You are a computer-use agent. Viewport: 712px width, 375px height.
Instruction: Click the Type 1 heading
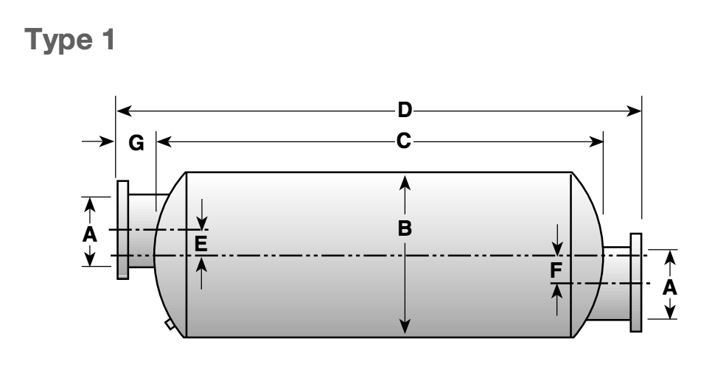[x=70, y=40]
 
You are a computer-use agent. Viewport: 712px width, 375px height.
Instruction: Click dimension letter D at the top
[x=405, y=111]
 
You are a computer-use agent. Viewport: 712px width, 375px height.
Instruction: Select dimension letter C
[x=404, y=141]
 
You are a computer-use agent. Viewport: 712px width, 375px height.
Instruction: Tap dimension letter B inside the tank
[x=405, y=228]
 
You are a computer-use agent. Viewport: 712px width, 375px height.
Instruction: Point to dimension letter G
[x=136, y=144]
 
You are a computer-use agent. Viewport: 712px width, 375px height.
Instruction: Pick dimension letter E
[x=200, y=245]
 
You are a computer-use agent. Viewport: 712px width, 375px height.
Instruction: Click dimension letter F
[x=556, y=270]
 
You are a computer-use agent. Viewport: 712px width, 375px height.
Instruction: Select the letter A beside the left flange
[x=90, y=235]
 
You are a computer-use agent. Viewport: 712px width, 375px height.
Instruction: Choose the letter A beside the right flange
[x=670, y=288]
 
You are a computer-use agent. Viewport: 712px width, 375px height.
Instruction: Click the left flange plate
[x=122, y=230]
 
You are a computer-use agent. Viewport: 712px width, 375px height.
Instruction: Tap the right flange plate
[x=635, y=282]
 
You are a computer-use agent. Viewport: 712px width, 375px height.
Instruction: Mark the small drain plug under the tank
[x=170, y=324]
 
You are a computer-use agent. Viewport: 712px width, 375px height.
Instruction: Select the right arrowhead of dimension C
[x=596, y=141]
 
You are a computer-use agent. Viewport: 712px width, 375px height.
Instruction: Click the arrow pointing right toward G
[x=97, y=141]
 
